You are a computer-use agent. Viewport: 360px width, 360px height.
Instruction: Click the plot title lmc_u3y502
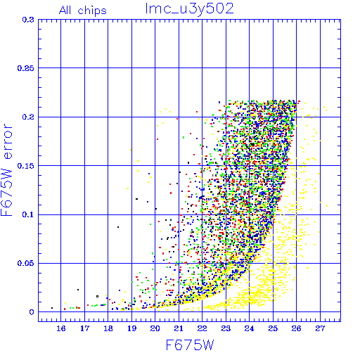(189, 10)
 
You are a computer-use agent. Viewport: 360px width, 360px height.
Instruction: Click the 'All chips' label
(83, 11)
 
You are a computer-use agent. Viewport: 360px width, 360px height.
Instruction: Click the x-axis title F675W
(190, 345)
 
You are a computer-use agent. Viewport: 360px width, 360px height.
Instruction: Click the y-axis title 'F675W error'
(7, 169)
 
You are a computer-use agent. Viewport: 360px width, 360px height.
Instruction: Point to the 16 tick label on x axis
(61, 328)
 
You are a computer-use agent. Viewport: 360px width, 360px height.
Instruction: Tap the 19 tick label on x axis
(131, 328)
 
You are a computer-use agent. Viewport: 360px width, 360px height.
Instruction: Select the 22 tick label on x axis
(202, 328)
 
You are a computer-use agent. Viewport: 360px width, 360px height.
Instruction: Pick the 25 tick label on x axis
(273, 328)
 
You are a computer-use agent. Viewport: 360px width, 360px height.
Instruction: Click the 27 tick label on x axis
(320, 328)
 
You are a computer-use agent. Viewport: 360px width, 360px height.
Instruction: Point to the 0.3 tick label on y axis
(28, 20)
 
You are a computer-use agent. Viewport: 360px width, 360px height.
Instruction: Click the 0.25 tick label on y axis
(26, 68)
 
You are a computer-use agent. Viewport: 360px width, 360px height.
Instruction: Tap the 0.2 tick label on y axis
(28, 117)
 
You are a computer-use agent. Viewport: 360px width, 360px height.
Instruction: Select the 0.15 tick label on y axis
(26, 166)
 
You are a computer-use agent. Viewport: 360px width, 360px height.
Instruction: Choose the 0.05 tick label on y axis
(26, 263)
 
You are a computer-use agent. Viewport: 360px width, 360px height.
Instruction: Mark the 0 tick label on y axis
(32, 312)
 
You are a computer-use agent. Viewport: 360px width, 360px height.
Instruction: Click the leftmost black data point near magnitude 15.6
(52, 308)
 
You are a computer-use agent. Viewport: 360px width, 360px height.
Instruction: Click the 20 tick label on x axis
(155, 328)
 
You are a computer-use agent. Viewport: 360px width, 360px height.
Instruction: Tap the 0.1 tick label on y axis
(28, 214)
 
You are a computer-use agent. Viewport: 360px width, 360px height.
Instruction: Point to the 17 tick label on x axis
(84, 328)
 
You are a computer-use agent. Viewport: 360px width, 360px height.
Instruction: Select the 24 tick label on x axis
(249, 328)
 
